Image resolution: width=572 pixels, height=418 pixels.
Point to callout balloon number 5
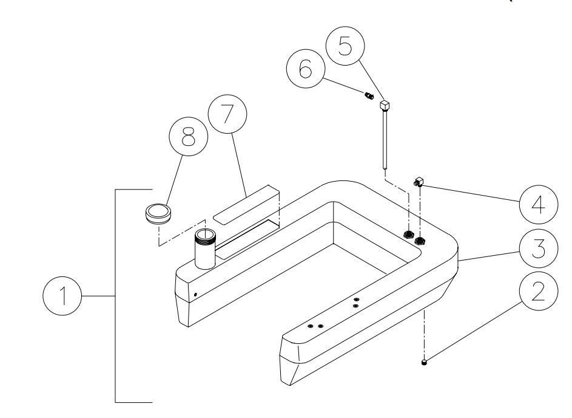[x=344, y=48]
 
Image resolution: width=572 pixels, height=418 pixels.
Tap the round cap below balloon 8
[x=158, y=214]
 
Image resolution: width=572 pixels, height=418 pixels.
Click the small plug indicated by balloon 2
[x=424, y=363]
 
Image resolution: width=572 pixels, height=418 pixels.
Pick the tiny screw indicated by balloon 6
[x=368, y=95]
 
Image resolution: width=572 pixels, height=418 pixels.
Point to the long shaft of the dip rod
[x=385, y=140]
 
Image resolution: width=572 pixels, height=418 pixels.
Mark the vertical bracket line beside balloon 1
[x=116, y=296]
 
